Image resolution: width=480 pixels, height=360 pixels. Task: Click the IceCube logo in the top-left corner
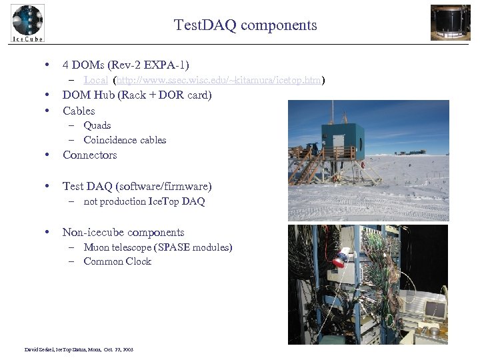(27, 23)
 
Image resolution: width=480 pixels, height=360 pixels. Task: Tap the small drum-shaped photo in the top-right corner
(450, 23)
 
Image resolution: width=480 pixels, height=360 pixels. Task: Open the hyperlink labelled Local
(96, 81)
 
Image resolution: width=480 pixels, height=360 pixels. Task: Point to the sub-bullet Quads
(97, 125)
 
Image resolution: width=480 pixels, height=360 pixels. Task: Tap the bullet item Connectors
(89, 155)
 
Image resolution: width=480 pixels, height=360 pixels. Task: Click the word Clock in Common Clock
(138, 261)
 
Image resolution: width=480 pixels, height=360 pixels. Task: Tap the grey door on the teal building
(339, 141)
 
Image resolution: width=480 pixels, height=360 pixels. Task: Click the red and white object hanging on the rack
(341, 257)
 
